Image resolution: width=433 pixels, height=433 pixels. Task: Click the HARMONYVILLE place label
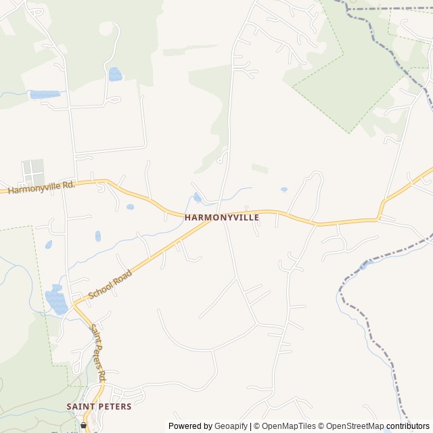[222, 218]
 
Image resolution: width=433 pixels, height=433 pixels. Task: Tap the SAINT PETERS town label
[99, 406]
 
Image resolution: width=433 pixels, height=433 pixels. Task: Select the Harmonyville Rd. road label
[41, 187]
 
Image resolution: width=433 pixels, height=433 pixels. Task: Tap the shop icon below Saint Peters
[84, 426]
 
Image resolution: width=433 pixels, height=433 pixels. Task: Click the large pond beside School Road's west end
[56, 301]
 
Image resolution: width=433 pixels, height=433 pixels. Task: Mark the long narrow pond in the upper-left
[45, 95]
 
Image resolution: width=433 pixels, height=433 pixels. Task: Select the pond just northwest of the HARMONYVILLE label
[198, 198]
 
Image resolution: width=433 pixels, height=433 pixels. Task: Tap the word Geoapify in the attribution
[231, 426]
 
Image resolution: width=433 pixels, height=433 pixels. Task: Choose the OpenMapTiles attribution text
[289, 426]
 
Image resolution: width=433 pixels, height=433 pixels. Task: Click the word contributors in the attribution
[408, 426]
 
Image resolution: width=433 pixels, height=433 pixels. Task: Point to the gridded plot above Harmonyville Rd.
[32, 172]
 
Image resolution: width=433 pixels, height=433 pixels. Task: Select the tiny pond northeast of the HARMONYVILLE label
[283, 189]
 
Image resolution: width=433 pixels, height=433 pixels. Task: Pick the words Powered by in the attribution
[191, 426]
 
